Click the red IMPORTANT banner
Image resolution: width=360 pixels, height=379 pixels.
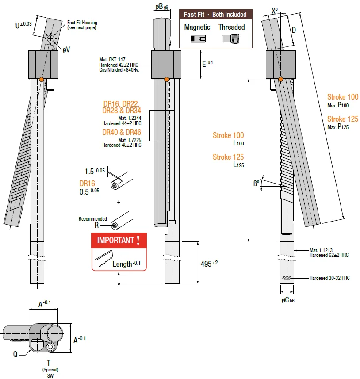point(119,240)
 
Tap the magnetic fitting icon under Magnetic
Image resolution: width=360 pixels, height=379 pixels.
point(198,38)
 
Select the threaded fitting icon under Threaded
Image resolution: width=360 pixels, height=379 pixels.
point(231,38)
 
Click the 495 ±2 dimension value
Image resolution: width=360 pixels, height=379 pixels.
point(209,264)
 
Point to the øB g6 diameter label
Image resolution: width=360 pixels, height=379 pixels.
point(161,7)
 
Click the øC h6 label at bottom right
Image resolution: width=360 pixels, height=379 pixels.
point(288,300)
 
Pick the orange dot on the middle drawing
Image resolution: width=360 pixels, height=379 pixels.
point(166,79)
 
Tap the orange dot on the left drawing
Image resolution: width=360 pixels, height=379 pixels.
point(41,79)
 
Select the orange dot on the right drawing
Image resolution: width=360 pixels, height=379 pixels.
point(280,79)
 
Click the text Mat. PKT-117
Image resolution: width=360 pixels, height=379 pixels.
point(112,59)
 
